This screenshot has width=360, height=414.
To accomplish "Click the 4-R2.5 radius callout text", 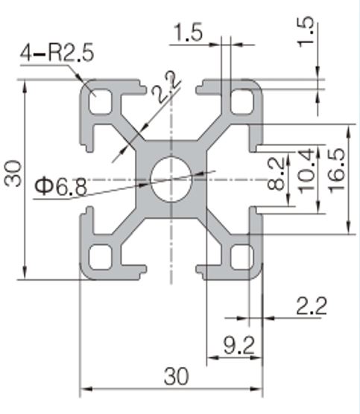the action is (57, 53).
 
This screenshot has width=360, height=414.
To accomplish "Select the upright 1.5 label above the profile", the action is (188, 32).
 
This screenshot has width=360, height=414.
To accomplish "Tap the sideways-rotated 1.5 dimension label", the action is (306, 32).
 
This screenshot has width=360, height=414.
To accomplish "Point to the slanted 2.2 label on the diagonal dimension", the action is (166, 86).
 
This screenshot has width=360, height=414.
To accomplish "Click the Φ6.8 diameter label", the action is (61, 187).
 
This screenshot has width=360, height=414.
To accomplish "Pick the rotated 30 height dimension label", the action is (13, 173).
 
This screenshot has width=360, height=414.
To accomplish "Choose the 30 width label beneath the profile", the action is (177, 376).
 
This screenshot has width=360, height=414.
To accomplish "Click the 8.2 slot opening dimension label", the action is (276, 173).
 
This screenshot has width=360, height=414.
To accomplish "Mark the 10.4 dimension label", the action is (306, 171).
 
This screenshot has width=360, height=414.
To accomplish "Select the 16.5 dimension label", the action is (337, 171).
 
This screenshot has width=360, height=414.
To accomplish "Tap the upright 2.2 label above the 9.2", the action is (312, 306).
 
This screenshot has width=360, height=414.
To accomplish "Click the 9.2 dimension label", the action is (239, 345).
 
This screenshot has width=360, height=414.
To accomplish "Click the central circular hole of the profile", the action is (171, 179).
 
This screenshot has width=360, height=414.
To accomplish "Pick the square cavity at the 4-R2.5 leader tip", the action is (101, 102).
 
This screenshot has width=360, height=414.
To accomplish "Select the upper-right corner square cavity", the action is (242, 102).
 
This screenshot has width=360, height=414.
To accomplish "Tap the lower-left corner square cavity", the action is (101, 257).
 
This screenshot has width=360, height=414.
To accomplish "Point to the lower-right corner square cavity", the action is (242, 257).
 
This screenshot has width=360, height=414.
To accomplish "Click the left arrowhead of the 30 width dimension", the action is (86, 389).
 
